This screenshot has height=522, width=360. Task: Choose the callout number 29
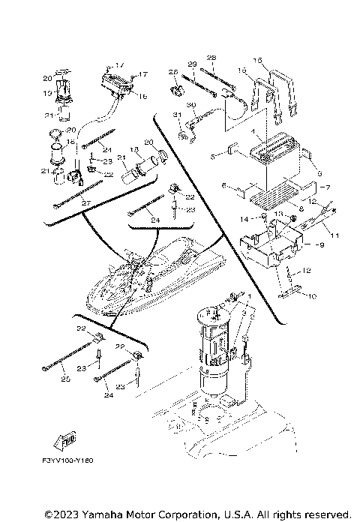pyautogui.click(x=192, y=63)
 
